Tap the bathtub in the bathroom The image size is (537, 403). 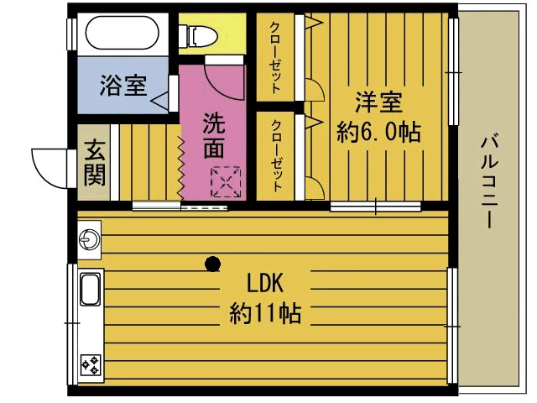(x=123, y=34)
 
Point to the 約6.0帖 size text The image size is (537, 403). (x=378, y=132)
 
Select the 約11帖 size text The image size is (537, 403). (x=265, y=314)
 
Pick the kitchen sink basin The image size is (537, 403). (x=89, y=290)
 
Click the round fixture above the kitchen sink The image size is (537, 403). (x=88, y=240)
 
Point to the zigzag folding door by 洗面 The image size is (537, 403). (x=180, y=164)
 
